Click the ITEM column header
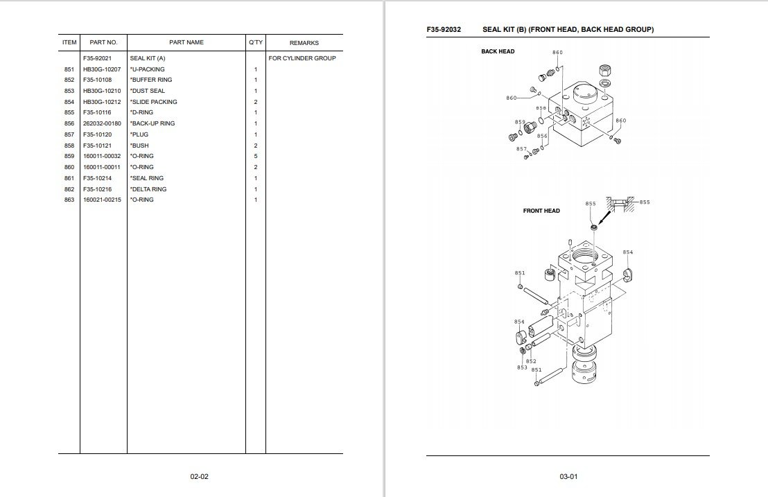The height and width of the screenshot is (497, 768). [x=69, y=43]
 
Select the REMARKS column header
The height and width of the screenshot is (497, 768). [x=304, y=43]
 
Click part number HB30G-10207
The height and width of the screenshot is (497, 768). [x=102, y=69]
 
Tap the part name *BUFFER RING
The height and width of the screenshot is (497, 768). [x=151, y=80]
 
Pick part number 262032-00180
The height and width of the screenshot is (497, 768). [x=102, y=123]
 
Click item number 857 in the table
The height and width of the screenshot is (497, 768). [x=69, y=134]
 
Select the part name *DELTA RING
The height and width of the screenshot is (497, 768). [x=148, y=189]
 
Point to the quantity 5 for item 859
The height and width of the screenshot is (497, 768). [x=255, y=156]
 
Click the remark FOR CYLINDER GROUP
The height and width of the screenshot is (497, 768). [x=302, y=58]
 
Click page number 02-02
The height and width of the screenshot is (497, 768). [x=200, y=477]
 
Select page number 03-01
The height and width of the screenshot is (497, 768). [x=568, y=477]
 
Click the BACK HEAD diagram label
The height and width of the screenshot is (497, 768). [x=498, y=51]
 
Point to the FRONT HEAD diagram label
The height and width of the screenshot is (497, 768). [x=541, y=211]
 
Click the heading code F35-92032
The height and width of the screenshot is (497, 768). [x=444, y=30]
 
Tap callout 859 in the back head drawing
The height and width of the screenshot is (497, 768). [x=520, y=123]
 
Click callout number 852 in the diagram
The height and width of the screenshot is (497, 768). [x=531, y=361]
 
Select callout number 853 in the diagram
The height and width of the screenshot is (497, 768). [x=522, y=367]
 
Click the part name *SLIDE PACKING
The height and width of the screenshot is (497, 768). [x=153, y=102]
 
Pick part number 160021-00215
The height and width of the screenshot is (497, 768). [x=102, y=200]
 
